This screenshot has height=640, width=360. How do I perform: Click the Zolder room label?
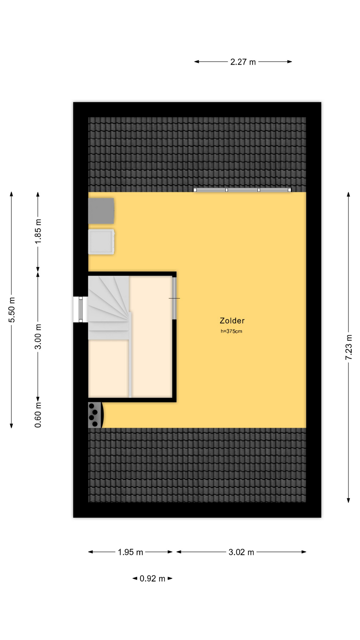point(232,321)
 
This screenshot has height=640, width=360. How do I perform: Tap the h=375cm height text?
point(231,331)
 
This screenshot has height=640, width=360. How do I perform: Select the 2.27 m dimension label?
point(243,62)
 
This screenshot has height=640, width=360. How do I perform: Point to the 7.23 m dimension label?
point(348,347)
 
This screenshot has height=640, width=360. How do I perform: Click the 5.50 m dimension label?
point(12,310)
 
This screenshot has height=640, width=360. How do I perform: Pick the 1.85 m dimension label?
point(38,231)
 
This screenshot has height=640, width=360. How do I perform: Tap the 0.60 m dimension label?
point(38,415)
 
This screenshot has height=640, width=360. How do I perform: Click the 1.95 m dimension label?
point(130,552)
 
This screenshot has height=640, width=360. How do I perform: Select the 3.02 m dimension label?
point(241,552)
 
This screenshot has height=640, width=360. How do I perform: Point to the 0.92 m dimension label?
point(152,579)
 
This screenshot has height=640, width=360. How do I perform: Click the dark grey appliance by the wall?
point(101,211)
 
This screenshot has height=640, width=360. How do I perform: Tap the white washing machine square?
point(101,242)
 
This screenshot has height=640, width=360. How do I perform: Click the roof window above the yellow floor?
point(242,190)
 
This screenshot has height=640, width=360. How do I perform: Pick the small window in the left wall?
point(80,309)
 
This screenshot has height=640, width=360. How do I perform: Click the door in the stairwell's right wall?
point(174,298)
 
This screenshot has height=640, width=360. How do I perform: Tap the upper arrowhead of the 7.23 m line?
point(348,194)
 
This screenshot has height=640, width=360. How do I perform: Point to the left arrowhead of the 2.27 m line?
point(197,62)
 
